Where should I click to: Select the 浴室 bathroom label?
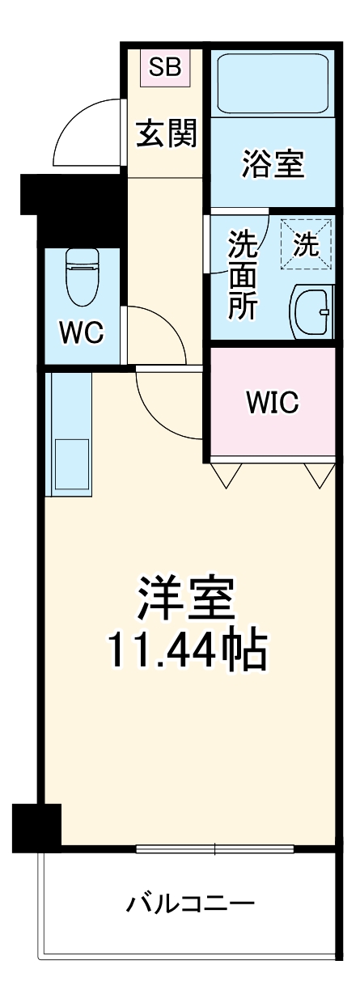point(272,163)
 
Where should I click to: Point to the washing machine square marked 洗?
point(306,244)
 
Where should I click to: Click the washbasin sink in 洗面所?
point(311,311)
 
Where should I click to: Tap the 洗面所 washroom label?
point(242,275)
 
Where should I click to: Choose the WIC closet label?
point(272,400)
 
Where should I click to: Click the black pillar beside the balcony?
point(37,824)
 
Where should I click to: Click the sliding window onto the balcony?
point(214,848)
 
